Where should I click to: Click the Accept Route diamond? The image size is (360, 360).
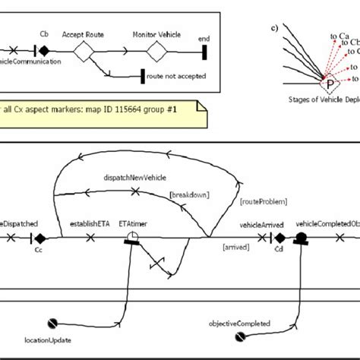click(84, 52)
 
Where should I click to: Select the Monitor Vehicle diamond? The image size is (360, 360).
click(156, 52)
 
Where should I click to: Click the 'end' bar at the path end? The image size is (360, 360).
click(205, 52)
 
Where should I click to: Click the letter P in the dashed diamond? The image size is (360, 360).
click(329, 84)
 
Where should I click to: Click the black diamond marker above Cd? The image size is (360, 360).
click(278, 238)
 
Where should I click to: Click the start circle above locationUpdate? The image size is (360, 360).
click(52, 322)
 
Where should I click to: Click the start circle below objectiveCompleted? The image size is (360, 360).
click(241, 336)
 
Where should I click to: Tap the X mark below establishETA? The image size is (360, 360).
click(90, 238)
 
